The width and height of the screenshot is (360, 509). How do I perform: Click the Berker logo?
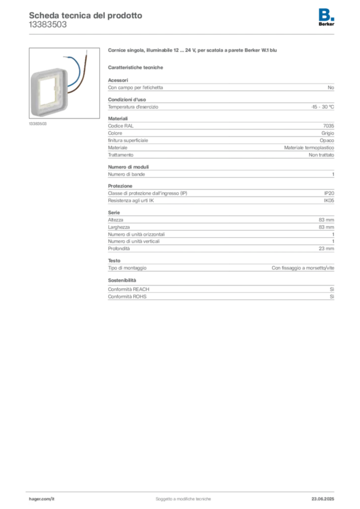[x=326, y=17]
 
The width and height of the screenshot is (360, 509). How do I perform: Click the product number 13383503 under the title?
[x=48, y=25]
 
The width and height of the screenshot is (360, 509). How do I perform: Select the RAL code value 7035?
[x=329, y=126]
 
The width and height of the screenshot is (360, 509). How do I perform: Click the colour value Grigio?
[x=328, y=133]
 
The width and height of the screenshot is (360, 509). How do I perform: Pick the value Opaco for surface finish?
[x=327, y=141]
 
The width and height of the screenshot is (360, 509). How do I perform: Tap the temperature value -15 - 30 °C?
[x=322, y=107]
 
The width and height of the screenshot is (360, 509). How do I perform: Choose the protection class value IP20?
[x=329, y=193]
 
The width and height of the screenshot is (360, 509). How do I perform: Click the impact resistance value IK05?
[x=329, y=201]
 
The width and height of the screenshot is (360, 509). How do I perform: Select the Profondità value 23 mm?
[x=326, y=249]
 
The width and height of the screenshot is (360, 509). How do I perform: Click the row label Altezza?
[x=115, y=220]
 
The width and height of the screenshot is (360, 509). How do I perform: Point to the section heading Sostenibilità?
[x=122, y=280]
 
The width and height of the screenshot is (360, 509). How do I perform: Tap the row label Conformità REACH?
[x=129, y=289]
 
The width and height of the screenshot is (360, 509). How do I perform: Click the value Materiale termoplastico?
[x=309, y=148]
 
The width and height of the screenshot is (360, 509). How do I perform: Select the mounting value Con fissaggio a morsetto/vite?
[x=303, y=268]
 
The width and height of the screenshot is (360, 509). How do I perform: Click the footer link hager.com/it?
[x=42, y=499]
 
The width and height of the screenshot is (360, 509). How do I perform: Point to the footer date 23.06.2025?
[x=323, y=499]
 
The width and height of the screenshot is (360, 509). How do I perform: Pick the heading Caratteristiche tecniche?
[x=135, y=68]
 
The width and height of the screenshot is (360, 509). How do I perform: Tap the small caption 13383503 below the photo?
[x=38, y=124]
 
